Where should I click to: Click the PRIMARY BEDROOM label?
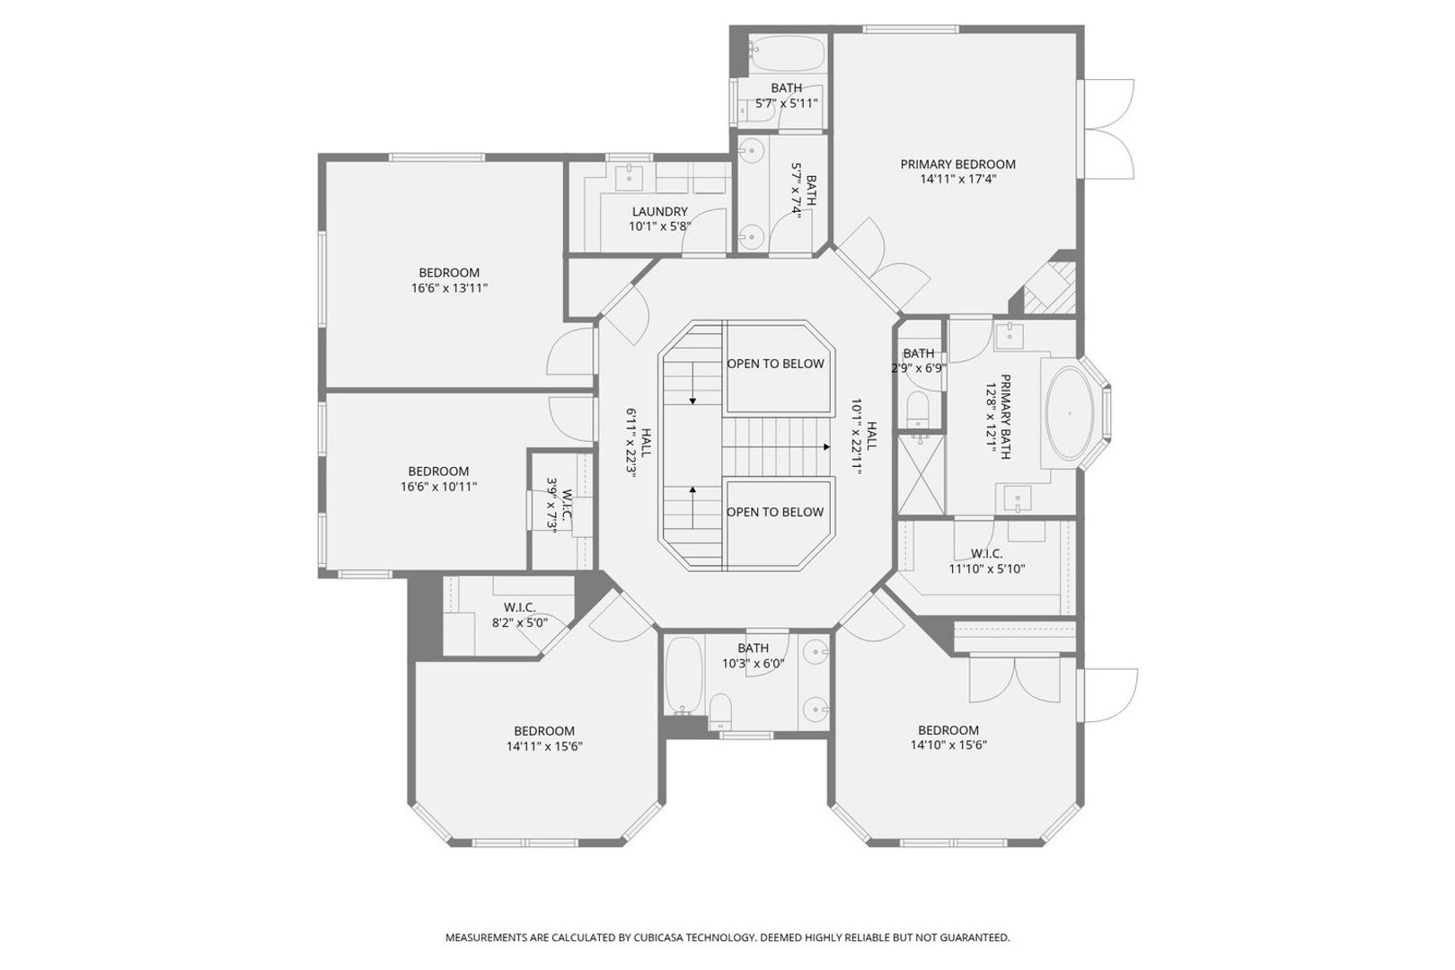pyautogui.click(x=957, y=164)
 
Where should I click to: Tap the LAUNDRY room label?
pyautogui.click(x=659, y=212)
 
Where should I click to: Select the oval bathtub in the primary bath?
pyautogui.click(x=1069, y=414)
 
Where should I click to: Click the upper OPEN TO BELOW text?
pyautogui.click(x=776, y=364)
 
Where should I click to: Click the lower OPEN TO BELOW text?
pyautogui.click(x=775, y=512)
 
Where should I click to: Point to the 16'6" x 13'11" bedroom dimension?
pyautogui.click(x=449, y=287)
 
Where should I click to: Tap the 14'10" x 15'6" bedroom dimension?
pyautogui.click(x=948, y=745)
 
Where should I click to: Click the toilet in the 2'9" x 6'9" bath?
pyautogui.click(x=919, y=408)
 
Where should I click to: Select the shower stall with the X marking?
pyautogui.click(x=921, y=473)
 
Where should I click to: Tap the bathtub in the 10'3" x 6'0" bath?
pyautogui.click(x=684, y=675)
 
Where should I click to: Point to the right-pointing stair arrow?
pyautogui.click(x=777, y=447)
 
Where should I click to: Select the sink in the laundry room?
pyautogui.click(x=630, y=177)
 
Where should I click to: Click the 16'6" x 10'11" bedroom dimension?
pyautogui.click(x=439, y=487)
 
